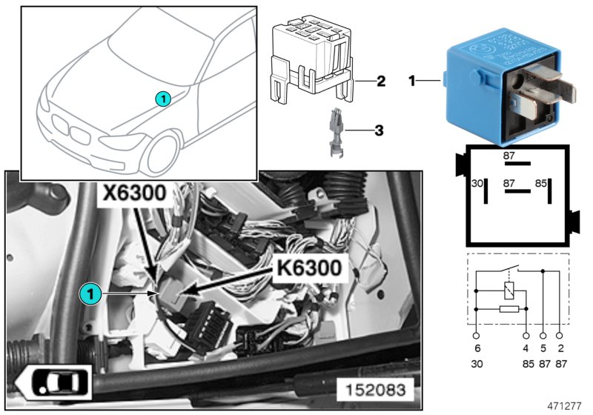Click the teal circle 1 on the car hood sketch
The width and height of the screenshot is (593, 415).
coord(163,98)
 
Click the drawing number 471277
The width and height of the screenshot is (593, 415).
coord(565,406)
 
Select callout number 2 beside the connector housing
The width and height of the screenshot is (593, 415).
coord(380,80)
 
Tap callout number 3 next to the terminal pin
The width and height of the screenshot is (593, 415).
coord(378,131)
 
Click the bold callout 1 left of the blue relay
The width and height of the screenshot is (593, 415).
coord(413,79)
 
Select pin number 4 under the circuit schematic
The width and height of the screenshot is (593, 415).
coord(526,347)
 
